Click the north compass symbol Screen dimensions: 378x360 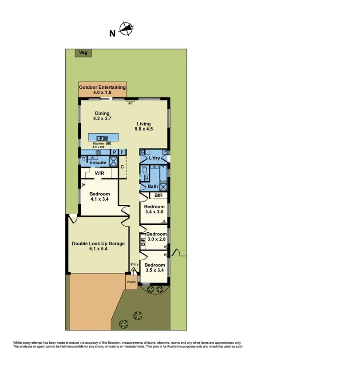click(x=127, y=29)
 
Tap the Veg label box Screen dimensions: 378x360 click(x=83, y=53)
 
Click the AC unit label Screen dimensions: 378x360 click(x=131, y=103)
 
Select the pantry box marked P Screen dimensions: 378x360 click(x=114, y=152)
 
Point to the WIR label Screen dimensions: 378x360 click(x=99, y=173)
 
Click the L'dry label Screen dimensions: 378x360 click(x=154, y=158)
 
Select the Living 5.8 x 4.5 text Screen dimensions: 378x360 click(x=143, y=127)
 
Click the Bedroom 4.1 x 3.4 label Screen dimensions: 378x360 click(x=99, y=196)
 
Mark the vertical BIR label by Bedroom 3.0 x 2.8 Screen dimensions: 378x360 click(x=142, y=242)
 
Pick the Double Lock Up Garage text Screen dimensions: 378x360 click(x=98, y=246)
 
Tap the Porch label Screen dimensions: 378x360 click(x=131, y=282)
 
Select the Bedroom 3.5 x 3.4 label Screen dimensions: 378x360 click(x=154, y=267)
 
